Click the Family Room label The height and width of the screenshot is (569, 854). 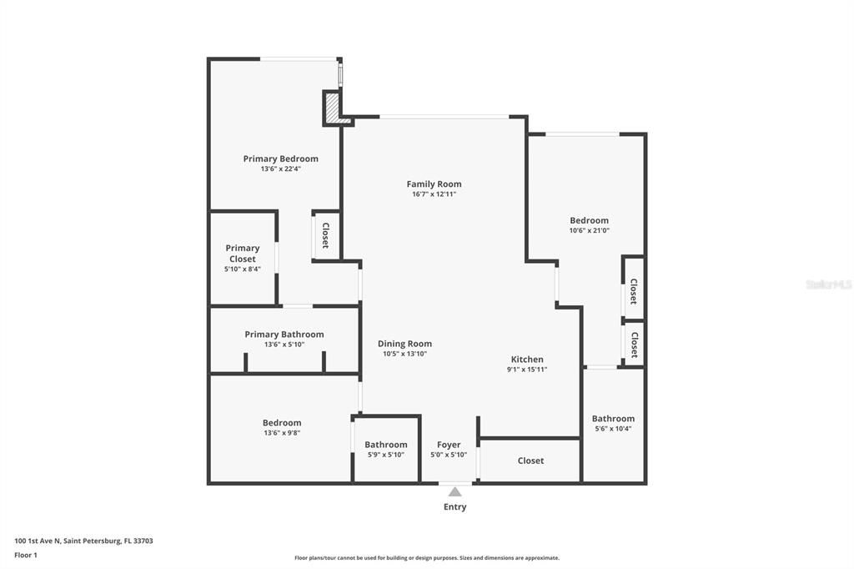[x=434, y=184]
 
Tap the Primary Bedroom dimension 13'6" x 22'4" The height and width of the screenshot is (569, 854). [x=280, y=169]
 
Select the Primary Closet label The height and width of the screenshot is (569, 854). [x=243, y=254]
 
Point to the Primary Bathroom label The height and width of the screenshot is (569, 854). [x=284, y=335]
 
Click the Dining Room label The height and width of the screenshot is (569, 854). [x=404, y=344]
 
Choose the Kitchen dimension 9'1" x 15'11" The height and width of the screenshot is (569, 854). [x=527, y=370]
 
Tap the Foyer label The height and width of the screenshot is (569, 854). [x=449, y=445]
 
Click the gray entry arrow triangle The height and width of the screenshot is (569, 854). [x=455, y=492]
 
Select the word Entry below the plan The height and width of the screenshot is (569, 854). [x=455, y=507]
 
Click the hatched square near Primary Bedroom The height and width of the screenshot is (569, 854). [x=332, y=108]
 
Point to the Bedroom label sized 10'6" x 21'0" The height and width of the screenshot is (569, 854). [x=589, y=220]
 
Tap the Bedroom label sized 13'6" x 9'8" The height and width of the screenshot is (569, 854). [x=281, y=423]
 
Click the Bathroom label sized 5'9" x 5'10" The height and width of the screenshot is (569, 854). [x=385, y=445]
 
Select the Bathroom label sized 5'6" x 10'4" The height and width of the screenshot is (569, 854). [x=613, y=419]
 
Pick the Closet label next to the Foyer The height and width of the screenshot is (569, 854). [x=530, y=461]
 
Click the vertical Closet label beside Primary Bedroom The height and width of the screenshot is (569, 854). [x=325, y=236]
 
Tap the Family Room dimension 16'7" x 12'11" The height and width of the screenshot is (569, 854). [x=434, y=194]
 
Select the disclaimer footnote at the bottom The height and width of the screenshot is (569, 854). [x=426, y=558]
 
